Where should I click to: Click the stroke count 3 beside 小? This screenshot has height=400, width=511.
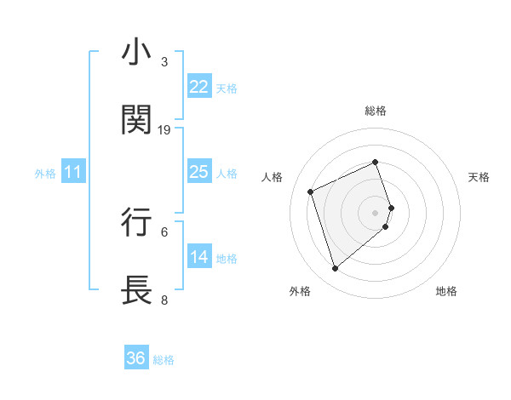pyautogui.click(x=164, y=62)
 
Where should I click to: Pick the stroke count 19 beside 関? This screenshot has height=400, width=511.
pyautogui.click(x=164, y=129)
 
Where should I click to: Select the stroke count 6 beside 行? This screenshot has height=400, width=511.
pyautogui.click(x=164, y=231)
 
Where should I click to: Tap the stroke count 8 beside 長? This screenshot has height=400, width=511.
pyautogui.click(x=164, y=300)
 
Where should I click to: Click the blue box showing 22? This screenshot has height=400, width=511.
pyautogui.click(x=198, y=87)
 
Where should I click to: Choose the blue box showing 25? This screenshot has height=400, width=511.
pyautogui.click(x=198, y=172)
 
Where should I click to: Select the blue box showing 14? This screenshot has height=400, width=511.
pyautogui.click(x=198, y=257)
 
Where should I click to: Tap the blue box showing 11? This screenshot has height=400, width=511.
pyautogui.click(x=72, y=172)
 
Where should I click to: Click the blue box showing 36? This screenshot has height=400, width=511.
pyautogui.click(x=135, y=358)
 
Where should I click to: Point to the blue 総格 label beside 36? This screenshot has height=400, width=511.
pyautogui.click(x=164, y=360)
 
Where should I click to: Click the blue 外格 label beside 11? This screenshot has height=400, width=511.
pyautogui.click(x=45, y=174)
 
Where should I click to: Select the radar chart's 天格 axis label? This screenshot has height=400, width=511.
pyautogui.click(x=479, y=177)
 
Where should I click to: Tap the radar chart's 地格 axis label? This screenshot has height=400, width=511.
pyautogui.click(x=446, y=292)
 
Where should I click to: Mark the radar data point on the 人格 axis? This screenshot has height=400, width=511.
pyautogui.click(x=312, y=191)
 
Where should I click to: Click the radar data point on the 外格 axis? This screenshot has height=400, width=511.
pyautogui.click(x=335, y=269)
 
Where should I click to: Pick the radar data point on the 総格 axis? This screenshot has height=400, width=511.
pyautogui.click(x=375, y=162)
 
